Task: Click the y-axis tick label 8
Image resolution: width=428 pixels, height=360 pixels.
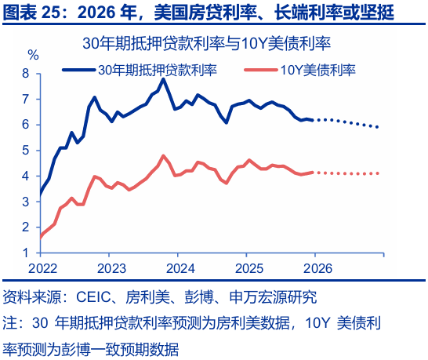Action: click(26, 74)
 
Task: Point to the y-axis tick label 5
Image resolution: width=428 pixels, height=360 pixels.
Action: click(26, 151)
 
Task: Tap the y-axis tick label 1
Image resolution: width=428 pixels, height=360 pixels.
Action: click(26, 253)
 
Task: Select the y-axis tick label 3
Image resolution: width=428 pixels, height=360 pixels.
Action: click(26, 202)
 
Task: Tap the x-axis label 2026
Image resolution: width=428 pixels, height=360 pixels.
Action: click(316, 267)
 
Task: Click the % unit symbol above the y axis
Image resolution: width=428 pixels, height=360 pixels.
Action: click(33, 56)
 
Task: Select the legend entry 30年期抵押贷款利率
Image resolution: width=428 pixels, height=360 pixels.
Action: click(157, 69)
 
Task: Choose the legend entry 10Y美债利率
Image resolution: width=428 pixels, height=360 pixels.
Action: click(317, 69)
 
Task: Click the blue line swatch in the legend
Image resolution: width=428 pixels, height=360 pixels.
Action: click(78, 69)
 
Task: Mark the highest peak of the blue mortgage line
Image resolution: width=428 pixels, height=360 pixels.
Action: click(164, 79)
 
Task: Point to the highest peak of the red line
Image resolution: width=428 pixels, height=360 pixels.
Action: click(163, 155)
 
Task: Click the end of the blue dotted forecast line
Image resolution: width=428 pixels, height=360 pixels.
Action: click(379, 127)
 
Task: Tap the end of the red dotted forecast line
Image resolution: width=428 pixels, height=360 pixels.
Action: click(379, 173)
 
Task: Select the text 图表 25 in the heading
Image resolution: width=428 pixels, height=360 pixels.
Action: click(31, 13)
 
